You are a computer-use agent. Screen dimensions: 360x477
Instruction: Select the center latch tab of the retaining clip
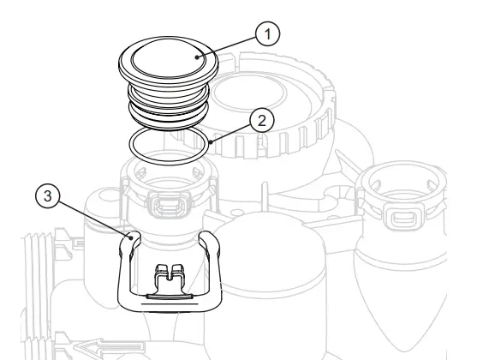(x=168, y=276)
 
